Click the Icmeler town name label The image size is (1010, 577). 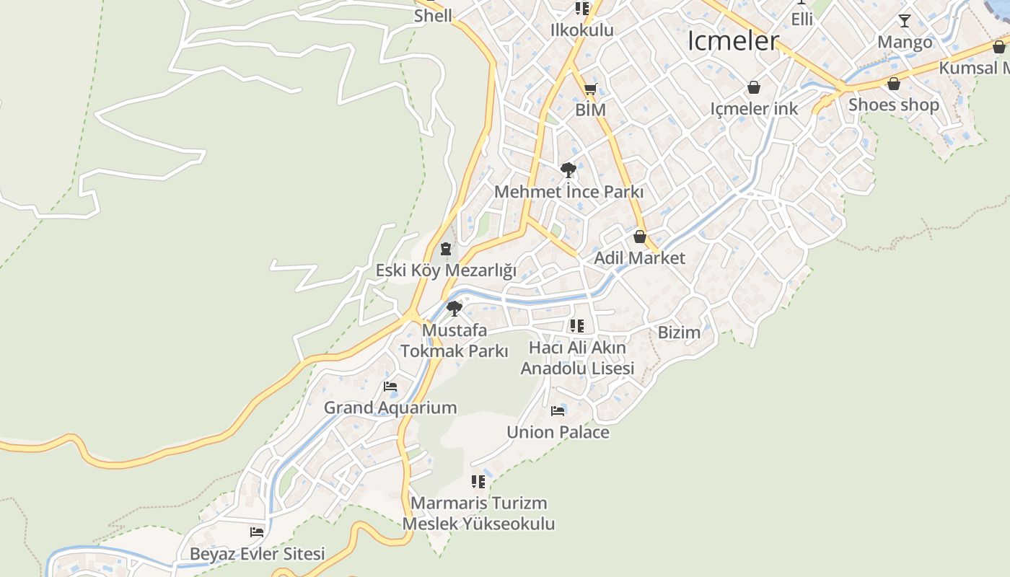coord(733,41)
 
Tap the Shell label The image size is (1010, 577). coord(433,16)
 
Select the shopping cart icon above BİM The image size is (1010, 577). coord(590,89)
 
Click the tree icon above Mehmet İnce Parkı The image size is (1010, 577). coord(568,170)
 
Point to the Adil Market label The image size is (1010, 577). coord(639,257)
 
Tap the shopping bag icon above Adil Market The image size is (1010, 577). coord(639,237)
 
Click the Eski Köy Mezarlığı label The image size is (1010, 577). coord(446,270)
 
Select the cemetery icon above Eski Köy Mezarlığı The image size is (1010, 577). coord(446,250)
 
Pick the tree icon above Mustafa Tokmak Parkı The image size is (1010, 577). coord(454,309)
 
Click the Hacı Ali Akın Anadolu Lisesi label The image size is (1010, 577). coord(577,358)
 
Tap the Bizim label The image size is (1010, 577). coord(679,332)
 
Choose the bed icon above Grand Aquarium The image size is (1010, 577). coord(390,387)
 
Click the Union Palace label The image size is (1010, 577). coord(558,432)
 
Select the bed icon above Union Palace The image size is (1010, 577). coord(558,411)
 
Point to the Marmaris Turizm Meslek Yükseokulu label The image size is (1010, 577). coord(478,513)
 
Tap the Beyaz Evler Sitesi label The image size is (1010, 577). coord(258,554)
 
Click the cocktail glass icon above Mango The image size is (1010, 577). coord(904,21)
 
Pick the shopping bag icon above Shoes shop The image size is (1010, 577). coord(893,84)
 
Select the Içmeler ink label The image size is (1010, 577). coord(754,109)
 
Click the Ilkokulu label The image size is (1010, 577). coord(581,30)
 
